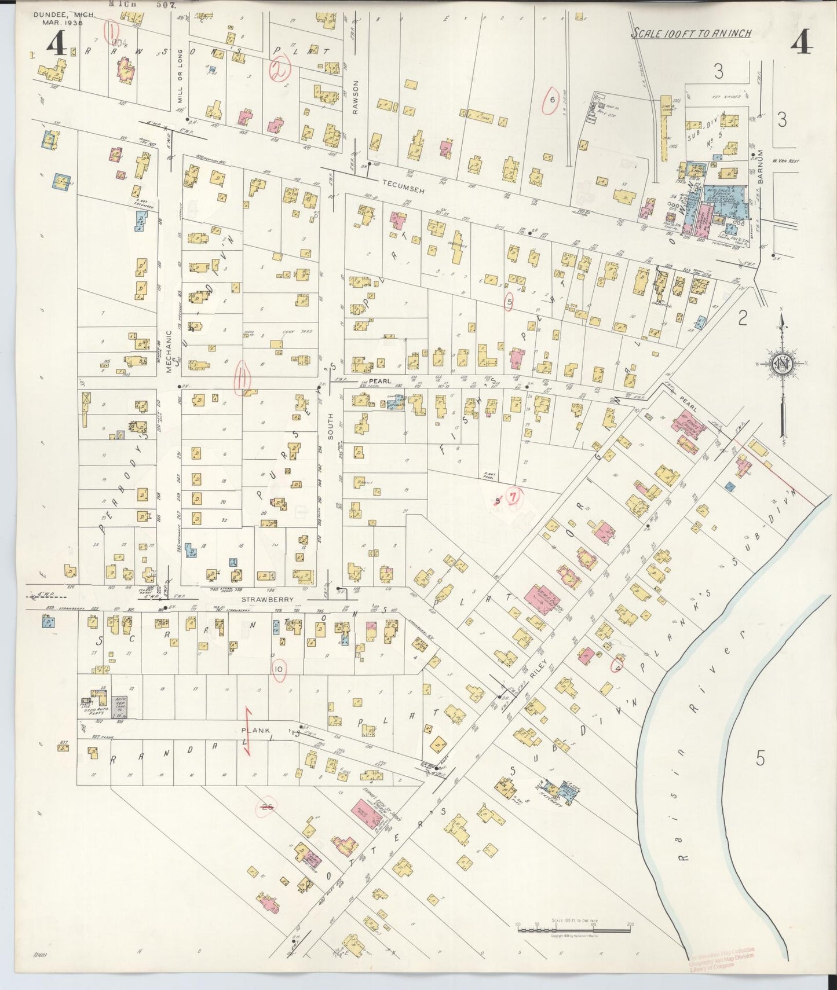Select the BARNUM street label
[x=761, y=167]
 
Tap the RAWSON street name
[x=357, y=97]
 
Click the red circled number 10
[x=279, y=669]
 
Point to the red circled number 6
[x=552, y=100]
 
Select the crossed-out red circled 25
[x=267, y=806]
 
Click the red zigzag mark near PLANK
[x=247, y=731]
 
